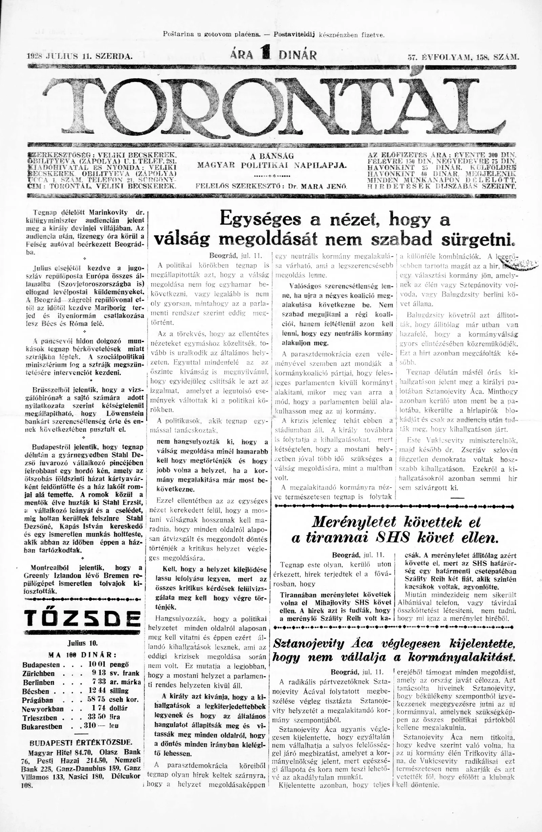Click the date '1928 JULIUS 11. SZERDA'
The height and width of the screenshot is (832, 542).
(x=79, y=56)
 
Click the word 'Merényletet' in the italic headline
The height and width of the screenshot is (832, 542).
(x=354, y=522)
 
